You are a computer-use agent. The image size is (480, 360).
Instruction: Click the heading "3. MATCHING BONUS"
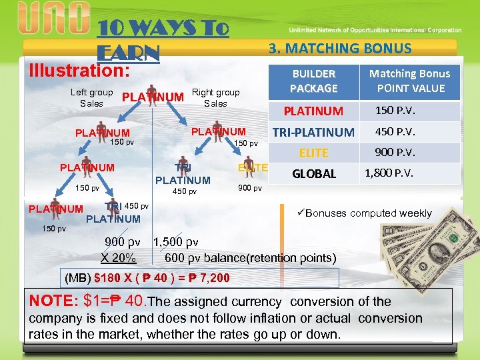pyautogui.click(x=339, y=48)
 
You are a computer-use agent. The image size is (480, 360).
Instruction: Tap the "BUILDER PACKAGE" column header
pyautogui.click(x=313, y=81)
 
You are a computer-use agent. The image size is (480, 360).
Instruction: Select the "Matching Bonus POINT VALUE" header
pyautogui.click(x=409, y=81)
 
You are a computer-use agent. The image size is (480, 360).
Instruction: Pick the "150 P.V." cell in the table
pyautogui.click(x=395, y=111)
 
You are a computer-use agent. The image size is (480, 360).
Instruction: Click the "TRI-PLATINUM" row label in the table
pyautogui.click(x=313, y=132)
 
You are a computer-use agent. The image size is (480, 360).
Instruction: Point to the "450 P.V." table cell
pyautogui.click(x=395, y=131)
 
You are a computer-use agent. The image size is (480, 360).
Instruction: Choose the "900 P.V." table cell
pyautogui.click(x=395, y=153)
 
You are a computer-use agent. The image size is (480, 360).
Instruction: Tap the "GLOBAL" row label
pyautogui.click(x=314, y=174)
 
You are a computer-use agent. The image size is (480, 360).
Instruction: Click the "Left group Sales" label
pyautogui.click(x=91, y=98)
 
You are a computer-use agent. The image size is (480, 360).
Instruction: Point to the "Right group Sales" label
pyautogui.click(x=215, y=98)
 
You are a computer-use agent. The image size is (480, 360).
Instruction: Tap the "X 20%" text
pyautogui.click(x=119, y=258)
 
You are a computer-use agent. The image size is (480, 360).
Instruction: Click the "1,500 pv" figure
pyautogui.click(x=175, y=243)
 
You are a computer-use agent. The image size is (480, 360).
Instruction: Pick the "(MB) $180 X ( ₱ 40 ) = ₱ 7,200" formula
pyautogui.click(x=146, y=277)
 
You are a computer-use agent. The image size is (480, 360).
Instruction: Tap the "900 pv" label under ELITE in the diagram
pyautogui.click(x=250, y=188)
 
